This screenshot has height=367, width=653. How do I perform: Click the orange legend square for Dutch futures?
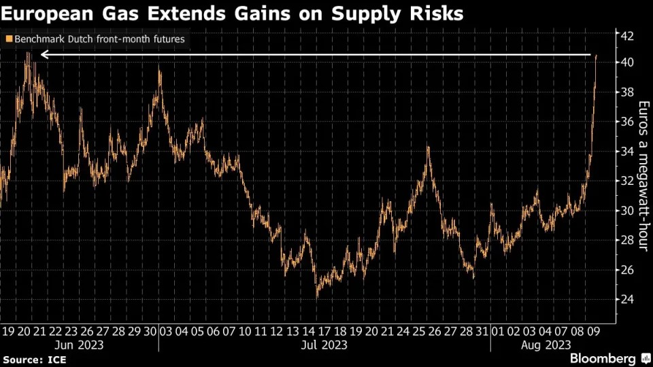(8, 39)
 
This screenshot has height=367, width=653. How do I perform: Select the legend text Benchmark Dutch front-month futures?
(99, 39)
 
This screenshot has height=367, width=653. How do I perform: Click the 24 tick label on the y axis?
(626, 300)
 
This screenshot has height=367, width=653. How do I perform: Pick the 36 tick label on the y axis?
(626, 122)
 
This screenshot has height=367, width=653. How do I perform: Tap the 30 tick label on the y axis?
(626, 211)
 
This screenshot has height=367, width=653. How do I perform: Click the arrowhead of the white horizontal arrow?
(44, 54)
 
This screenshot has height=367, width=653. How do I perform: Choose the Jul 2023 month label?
(324, 345)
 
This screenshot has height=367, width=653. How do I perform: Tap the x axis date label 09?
(593, 331)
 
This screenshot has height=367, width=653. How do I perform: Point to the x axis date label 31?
(482, 331)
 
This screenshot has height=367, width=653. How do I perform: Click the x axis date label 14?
(307, 331)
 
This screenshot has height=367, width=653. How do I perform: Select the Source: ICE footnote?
(31, 358)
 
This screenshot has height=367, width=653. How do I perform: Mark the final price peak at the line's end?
(597, 56)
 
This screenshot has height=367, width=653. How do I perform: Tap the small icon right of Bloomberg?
(644, 357)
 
